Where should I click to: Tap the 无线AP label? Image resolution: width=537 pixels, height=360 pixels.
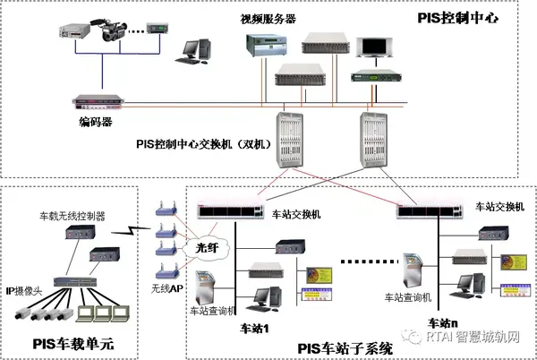[x=166, y=288]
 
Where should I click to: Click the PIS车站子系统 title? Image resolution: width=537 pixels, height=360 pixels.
[x=344, y=347]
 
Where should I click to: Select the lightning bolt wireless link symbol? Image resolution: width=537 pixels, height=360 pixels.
[x=134, y=230]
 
